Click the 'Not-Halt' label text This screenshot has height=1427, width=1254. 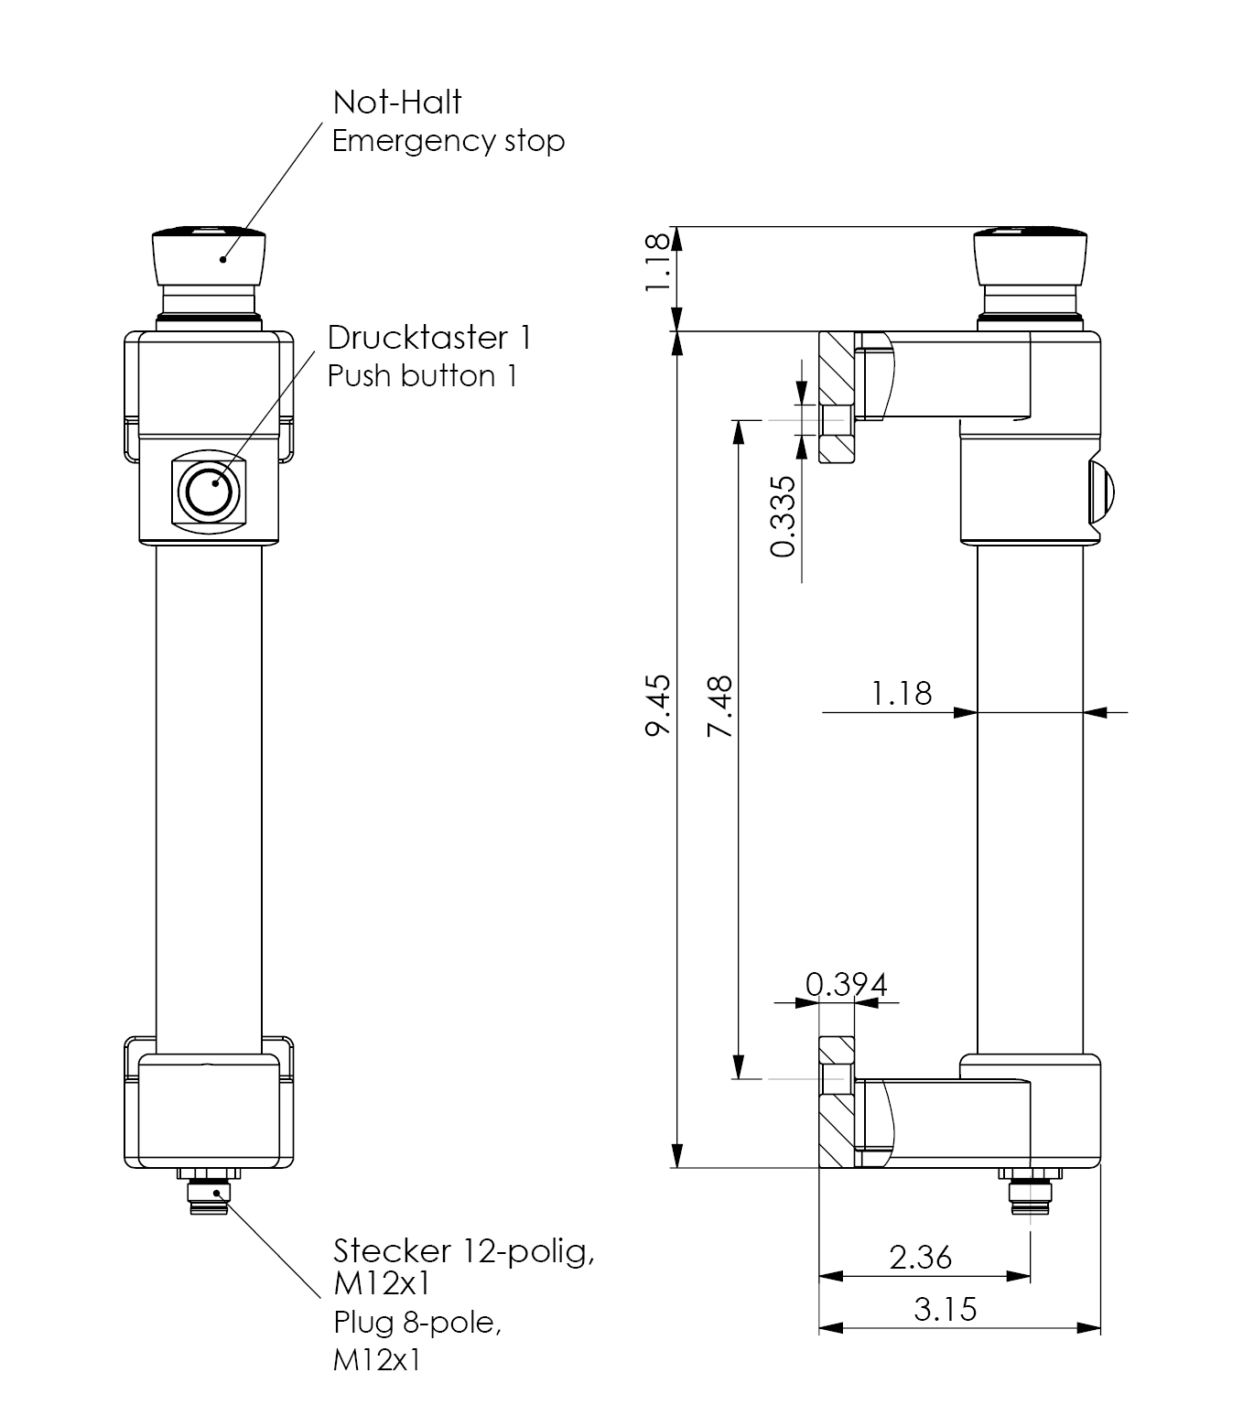click(397, 102)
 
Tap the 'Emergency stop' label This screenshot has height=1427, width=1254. click(448, 141)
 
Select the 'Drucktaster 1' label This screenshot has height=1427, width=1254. click(429, 338)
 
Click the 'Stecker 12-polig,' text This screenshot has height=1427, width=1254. click(464, 1250)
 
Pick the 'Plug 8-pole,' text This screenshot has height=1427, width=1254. click(417, 1323)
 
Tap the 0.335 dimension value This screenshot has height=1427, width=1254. click(784, 516)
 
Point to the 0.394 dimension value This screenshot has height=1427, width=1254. click(846, 985)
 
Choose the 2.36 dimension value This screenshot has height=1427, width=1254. click(921, 1258)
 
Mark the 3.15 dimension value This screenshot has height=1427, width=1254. click(946, 1310)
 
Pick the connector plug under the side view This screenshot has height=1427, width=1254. click(1030, 1196)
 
